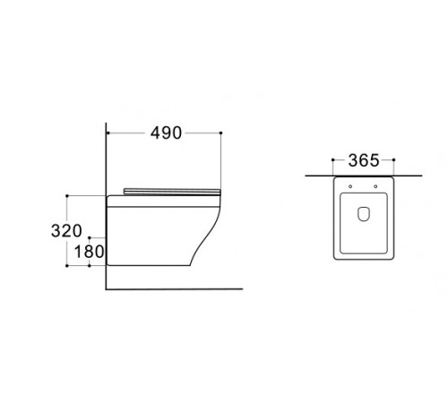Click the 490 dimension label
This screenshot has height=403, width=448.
pos(166,133)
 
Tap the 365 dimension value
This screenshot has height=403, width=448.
pos(364,160)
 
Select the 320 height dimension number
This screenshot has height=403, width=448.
pos(66,231)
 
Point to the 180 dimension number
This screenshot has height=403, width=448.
pos(89,252)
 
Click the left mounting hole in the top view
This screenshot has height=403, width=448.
pos(350,186)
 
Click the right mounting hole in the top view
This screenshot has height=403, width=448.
pos(375,186)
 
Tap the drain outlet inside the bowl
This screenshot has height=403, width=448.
pos(364,214)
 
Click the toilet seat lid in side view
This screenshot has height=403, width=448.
pos(172,192)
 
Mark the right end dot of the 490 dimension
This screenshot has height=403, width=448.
pos(220,133)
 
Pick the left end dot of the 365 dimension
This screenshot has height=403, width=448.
pos(332,160)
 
